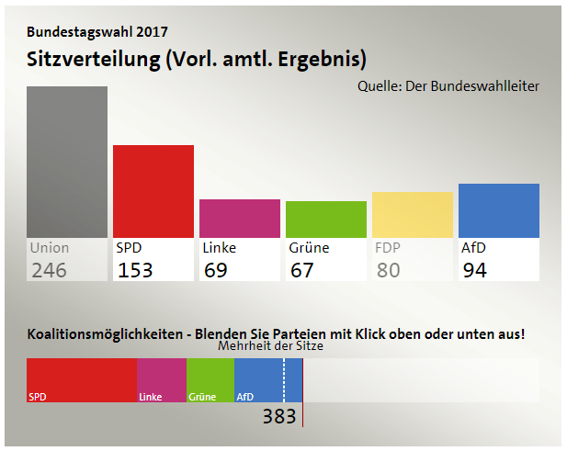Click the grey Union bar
tap(67, 162)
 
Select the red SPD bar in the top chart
tap(153, 191)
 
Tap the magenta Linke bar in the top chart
tap(240, 219)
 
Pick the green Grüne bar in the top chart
tap(326, 220)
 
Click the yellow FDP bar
tap(413, 215)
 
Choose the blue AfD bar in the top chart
tap(499, 210)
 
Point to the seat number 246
tap(49, 270)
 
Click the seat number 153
tap(135, 270)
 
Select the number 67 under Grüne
tap(301, 270)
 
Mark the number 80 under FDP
tap(388, 270)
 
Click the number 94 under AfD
tap(474, 270)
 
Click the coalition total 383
tap(279, 416)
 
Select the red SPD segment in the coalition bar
tap(82, 379)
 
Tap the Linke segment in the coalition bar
tap(162, 379)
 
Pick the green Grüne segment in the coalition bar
tap(210, 379)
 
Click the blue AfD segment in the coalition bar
tap(267, 379)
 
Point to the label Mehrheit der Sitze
tap(270, 347)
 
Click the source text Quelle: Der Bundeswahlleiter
tap(448, 86)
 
